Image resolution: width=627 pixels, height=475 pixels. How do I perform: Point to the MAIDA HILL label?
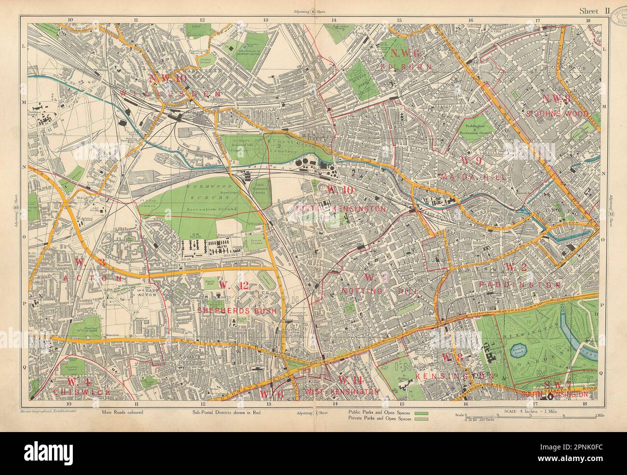(x=473, y=178)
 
